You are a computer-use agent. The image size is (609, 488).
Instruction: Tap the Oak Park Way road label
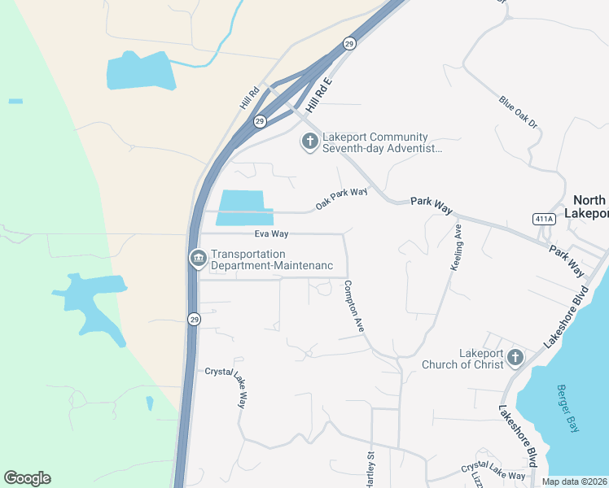pyautogui.click(x=342, y=198)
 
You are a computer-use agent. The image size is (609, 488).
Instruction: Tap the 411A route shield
pyautogui.click(x=544, y=219)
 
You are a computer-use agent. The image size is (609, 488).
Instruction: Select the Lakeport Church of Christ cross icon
pyautogui.click(x=515, y=357)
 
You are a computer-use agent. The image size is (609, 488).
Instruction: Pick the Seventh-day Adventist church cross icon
pyautogui.click(x=309, y=142)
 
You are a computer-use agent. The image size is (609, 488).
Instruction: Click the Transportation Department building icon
pyautogui.click(x=197, y=259)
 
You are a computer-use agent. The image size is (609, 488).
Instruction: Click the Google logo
pyautogui.click(x=27, y=478)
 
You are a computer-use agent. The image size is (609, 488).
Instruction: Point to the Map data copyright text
pyautogui.click(x=575, y=481)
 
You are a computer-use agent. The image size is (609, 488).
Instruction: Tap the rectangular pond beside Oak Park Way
pyautogui.click(x=243, y=207)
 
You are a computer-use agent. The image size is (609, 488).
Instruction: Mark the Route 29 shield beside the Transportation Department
pyautogui.click(x=193, y=318)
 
